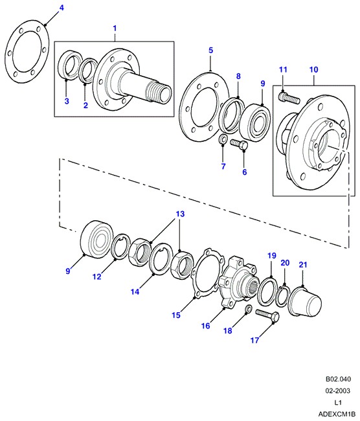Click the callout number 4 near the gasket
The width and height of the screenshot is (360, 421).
[62, 8]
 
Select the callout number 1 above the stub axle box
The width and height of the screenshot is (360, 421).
[115, 28]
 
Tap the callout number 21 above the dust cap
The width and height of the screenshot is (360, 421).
[303, 264]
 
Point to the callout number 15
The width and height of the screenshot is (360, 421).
[176, 315]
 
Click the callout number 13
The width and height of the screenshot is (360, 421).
[181, 214]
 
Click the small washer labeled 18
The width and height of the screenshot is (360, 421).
[249, 309]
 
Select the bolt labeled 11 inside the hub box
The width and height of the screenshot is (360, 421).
[289, 98]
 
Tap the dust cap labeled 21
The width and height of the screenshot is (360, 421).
[304, 302]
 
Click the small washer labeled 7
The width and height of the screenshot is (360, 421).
[223, 139]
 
